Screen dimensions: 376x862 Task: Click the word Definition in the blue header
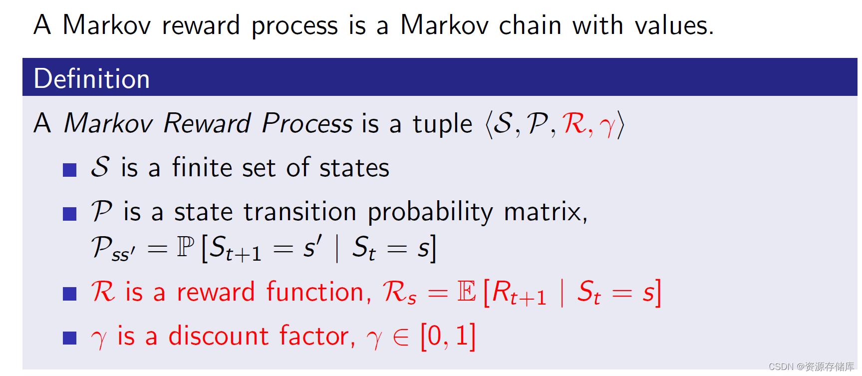[x=92, y=79]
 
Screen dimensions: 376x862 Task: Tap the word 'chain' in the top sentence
[x=530, y=25]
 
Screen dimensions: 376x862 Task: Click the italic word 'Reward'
[x=207, y=123]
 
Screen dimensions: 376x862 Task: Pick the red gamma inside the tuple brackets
[x=608, y=125]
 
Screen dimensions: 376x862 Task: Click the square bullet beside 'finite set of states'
[x=69, y=170]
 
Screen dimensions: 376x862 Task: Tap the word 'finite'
[x=202, y=167]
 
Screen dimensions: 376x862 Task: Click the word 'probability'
[x=430, y=212]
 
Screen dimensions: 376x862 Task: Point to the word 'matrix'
[x=544, y=212]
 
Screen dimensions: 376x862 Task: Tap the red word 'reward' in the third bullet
[x=216, y=292]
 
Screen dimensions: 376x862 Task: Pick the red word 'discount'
[x=219, y=336]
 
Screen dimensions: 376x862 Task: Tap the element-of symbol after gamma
[x=401, y=337]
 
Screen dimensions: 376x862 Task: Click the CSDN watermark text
[x=811, y=367]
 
